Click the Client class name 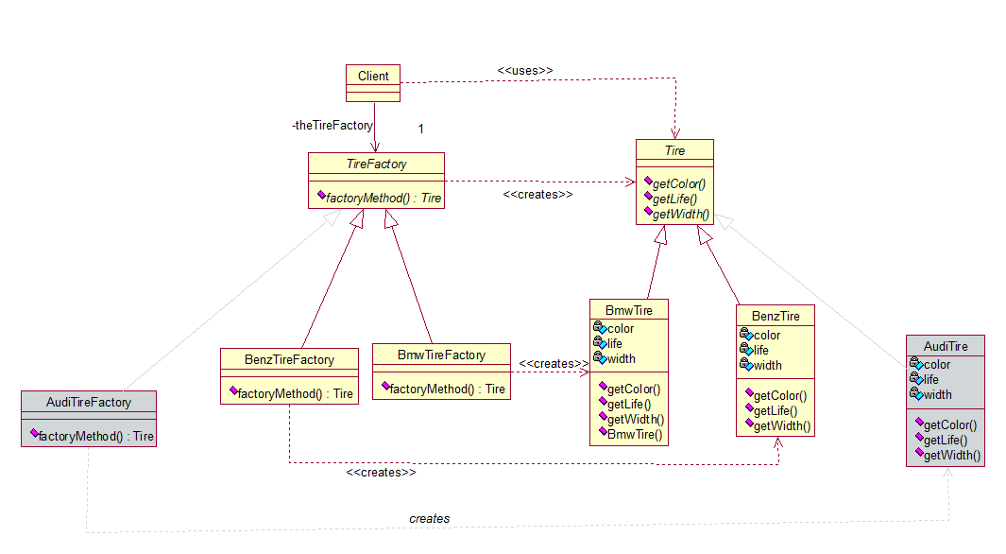(373, 76)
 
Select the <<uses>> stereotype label (525, 71)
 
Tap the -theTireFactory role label (332, 125)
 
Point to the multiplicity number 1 (421, 129)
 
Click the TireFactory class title (377, 164)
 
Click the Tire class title (675, 151)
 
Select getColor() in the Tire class (679, 183)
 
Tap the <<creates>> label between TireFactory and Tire (537, 195)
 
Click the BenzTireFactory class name (289, 359)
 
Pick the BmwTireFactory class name (441, 355)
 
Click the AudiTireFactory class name (89, 402)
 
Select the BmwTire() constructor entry (635, 435)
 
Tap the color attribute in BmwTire (621, 329)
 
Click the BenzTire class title (776, 316)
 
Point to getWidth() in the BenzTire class (782, 425)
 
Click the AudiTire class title (946, 346)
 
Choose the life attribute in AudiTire (931, 379)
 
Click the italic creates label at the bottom (429, 518)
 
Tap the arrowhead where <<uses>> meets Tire (675, 133)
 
